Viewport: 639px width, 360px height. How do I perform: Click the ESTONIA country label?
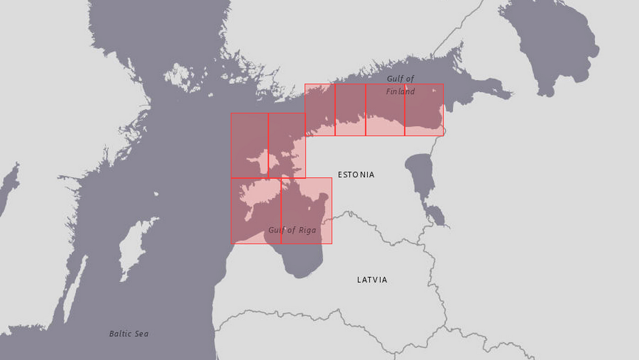tap(356, 175)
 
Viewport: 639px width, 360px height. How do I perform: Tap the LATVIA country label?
tap(372, 280)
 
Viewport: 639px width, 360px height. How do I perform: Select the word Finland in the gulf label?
tap(401, 91)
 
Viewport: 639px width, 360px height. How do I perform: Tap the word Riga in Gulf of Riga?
tap(306, 230)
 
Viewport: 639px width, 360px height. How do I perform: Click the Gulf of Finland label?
tap(401, 85)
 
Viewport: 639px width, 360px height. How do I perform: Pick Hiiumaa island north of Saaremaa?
tap(257, 158)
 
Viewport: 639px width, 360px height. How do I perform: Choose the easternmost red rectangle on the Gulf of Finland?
tap(424, 109)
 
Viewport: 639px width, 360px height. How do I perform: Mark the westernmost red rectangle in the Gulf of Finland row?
tap(319, 109)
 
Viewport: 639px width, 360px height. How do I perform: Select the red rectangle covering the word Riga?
tap(307, 211)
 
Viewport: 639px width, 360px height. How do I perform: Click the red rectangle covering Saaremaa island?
tap(256, 211)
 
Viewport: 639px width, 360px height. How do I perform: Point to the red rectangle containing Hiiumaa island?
tap(250, 145)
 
